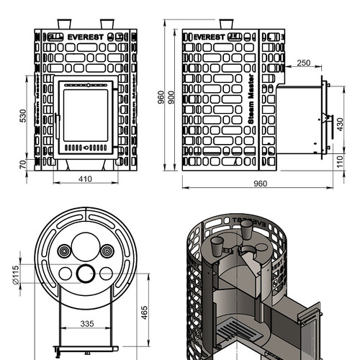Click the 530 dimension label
23,116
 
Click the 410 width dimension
85,179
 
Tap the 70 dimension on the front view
23,165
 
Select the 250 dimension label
304,63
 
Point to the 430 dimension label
341,125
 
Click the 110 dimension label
341,161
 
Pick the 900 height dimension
171,97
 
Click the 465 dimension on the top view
144,312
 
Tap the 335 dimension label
87,324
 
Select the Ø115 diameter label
16,275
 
